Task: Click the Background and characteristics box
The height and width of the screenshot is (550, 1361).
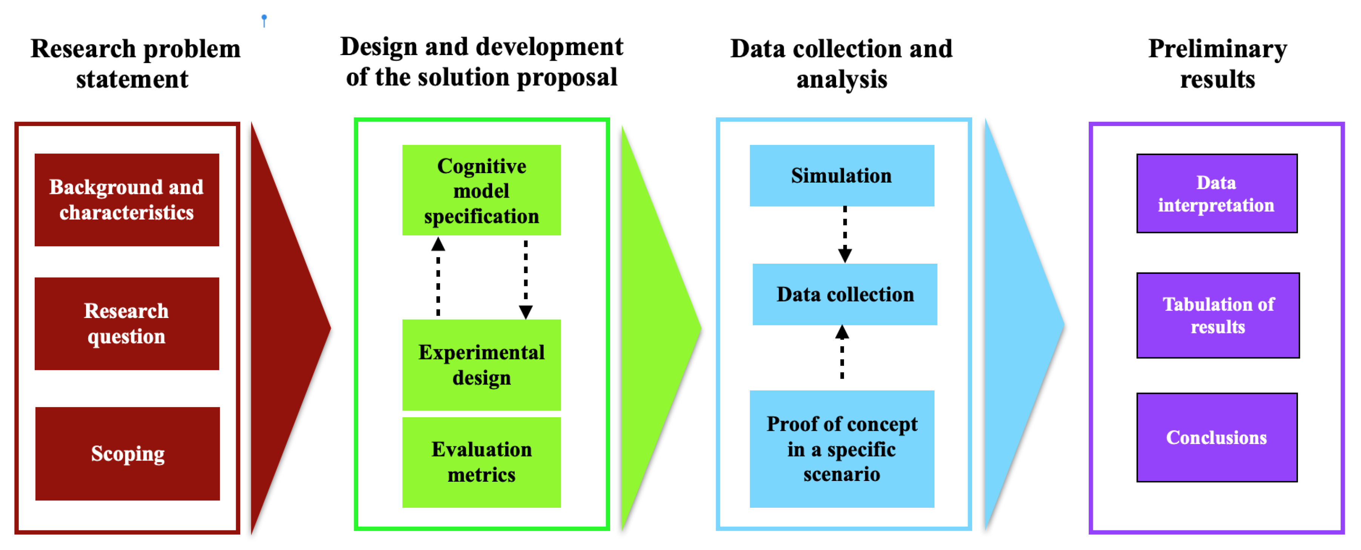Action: (127, 200)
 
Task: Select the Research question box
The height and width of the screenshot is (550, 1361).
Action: (127, 323)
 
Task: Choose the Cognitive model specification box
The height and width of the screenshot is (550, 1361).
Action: (481, 190)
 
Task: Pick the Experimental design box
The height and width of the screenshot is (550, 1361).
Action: (481, 364)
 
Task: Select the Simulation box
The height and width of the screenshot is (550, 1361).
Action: (842, 175)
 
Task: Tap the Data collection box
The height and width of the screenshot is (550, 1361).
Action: (845, 294)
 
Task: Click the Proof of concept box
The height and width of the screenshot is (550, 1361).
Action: (842, 449)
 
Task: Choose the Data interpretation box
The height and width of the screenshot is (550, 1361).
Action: (1217, 194)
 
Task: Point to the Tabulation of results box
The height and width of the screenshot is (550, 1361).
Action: (1218, 315)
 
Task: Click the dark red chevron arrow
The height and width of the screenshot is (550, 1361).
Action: (285, 327)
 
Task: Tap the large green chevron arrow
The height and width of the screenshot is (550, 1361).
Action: (655, 327)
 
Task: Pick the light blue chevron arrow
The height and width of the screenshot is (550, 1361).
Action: (1017, 325)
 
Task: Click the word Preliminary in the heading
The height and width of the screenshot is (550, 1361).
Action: (1217, 49)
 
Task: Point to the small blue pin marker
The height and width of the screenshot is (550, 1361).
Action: (264, 20)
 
